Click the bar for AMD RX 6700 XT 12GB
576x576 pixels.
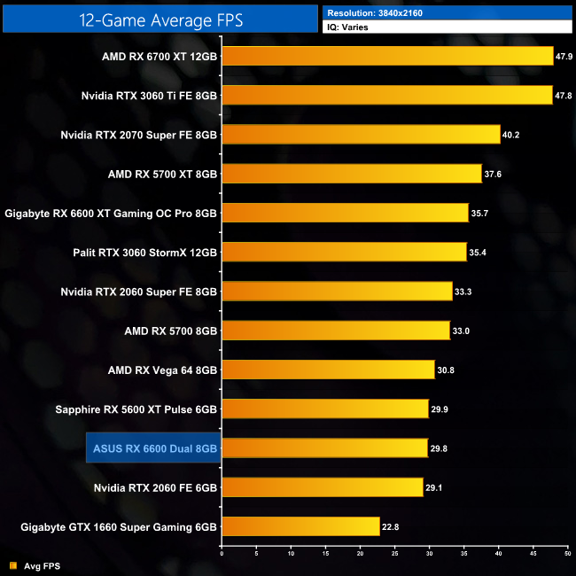[x=387, y=56]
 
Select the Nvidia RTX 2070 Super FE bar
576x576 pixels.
[x=361, y=134]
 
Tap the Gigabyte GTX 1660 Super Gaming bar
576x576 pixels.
[x=300, y=526]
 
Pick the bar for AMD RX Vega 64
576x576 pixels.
[x=328, y=370]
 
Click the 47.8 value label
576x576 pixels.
[x=564, y=96]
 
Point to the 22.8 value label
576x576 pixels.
[x=391, y=527]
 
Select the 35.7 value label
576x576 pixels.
[x=480, y=214]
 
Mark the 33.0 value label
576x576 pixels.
[x=462, y=331]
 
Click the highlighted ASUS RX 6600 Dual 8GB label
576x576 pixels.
[x=152, y=448]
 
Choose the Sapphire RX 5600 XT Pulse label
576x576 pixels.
[x=136, y=409]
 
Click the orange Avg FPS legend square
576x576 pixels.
[x=12, y=564]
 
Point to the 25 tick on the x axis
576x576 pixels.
[x=395, y=557]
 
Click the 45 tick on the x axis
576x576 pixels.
[x=533, y=557]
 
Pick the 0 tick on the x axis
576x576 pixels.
[x=222, y=557]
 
